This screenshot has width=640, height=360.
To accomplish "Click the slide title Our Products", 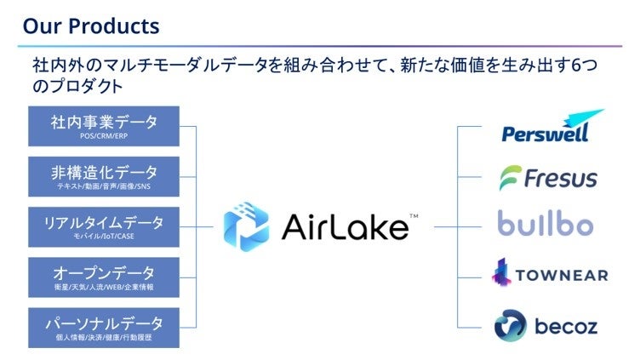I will click(90, 26).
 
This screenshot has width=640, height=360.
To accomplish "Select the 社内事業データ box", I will click(104, 126).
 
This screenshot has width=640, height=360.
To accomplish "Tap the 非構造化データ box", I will click(104, 176).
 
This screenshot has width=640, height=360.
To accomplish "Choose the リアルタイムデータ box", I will click(104, 226).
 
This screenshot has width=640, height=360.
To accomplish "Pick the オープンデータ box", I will click(104, 277).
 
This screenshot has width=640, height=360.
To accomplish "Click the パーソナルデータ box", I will click(104, 327).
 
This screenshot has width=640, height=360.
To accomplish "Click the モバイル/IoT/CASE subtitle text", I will click(104, 236).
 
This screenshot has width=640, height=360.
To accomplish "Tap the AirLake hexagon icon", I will click(246, 227).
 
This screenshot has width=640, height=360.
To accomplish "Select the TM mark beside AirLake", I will click(414, 216).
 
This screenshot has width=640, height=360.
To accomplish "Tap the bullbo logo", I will click(546, 226).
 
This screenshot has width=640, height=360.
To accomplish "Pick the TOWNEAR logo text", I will click(561, 275).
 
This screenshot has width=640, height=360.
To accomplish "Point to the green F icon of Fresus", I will click(509, 178).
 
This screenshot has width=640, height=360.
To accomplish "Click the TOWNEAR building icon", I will click(502, 272).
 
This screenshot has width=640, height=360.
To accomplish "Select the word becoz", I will click(566, 326).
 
